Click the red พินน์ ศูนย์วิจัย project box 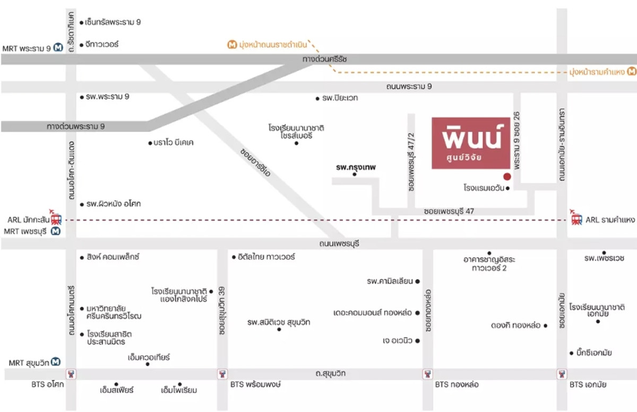[x=471, y=143]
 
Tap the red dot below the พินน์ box [x=507, y=177]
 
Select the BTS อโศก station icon [x=70, y=374]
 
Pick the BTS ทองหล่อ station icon [x=427, y=374]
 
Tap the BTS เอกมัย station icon [x=562, y=374]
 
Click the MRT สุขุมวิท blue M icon [x=56, y=362]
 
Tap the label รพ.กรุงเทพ [x=355, y=167]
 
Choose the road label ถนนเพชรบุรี [x=339, y=243]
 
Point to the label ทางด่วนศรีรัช [x=324, y=59]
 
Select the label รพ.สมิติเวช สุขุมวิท [x=279, y=322]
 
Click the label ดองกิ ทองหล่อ [x=515, y=325]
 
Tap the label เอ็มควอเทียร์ [x=149, y=357]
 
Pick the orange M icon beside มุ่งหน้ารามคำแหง [x=632, y=71]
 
